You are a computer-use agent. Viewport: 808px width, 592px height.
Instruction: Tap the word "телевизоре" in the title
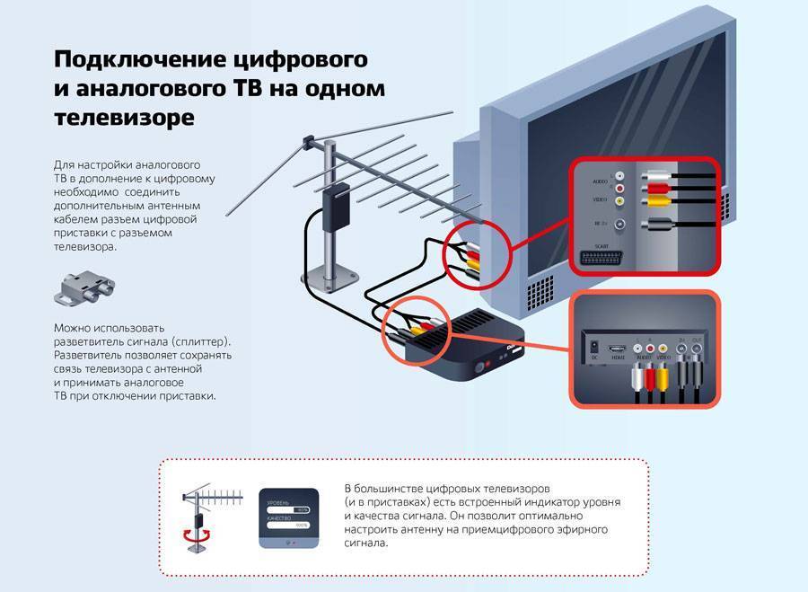coord(123,118)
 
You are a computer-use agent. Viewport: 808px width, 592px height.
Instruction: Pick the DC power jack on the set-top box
coord(593,346)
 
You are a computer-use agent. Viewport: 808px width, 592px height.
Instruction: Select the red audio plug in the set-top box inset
coord(649,377)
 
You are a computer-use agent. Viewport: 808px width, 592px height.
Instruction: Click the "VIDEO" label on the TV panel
coord(587,198)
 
